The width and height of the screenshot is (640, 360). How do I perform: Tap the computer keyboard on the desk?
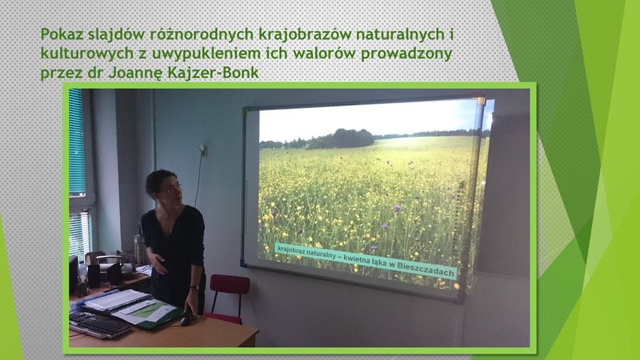(99, 325)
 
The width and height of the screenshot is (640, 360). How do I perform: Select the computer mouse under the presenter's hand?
(187, 318)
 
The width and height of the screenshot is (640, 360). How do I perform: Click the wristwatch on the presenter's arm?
(194, 288)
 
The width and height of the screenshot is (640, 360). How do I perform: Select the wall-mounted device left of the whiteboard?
(202, 150)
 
